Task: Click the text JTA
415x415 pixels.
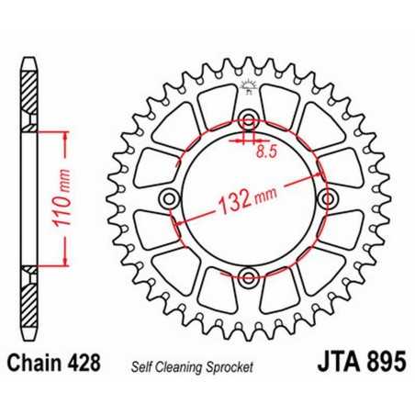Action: [x=318, y=364]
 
